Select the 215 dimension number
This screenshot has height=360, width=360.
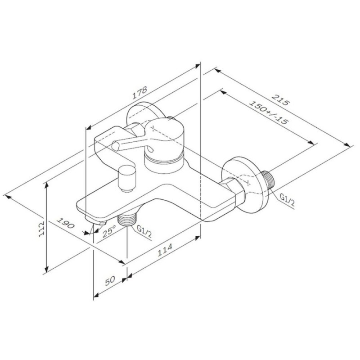coord(279,99)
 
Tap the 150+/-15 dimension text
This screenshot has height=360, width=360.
coord(268,113)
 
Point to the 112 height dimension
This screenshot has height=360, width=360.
coord(41,229)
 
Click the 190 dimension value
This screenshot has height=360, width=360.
coord(65,223)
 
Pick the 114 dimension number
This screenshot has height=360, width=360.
coord(165,250)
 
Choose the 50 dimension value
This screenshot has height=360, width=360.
coord(110,281)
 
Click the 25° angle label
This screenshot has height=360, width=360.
coord(109,231)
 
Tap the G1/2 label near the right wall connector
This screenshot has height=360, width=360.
coord(287,199)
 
